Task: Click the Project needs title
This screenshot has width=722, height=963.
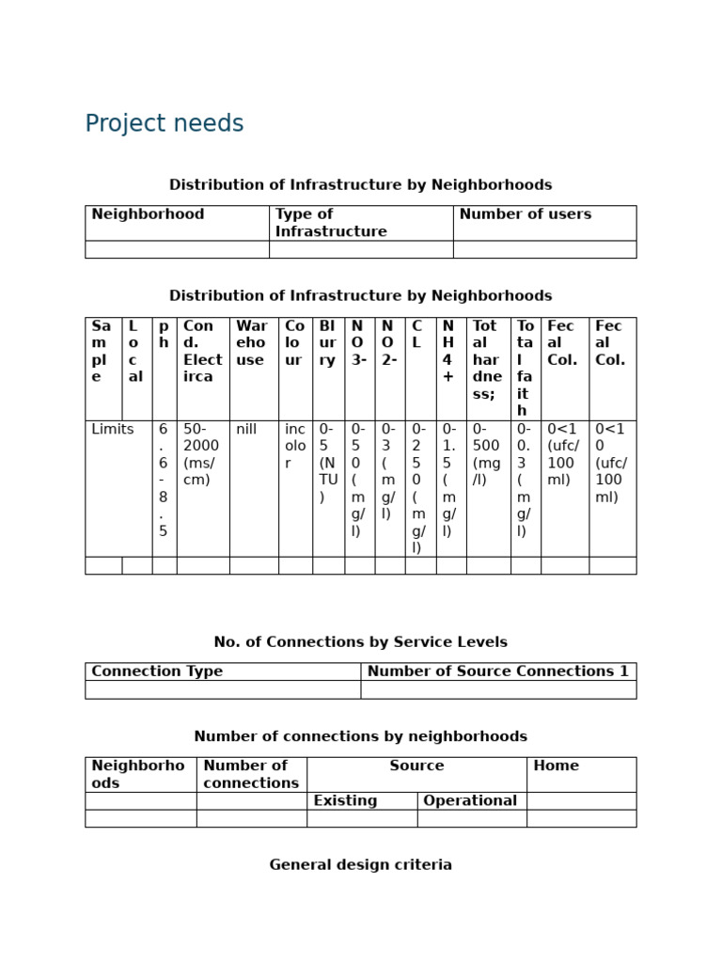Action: click(165, 124)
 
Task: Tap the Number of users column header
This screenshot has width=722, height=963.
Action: click(525, 214)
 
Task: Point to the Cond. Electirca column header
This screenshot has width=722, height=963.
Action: click(202, 351)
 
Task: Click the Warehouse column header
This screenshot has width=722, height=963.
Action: click(252, 342)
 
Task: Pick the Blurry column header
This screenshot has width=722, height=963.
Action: click(327, 342)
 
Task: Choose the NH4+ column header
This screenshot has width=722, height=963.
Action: click(448, 351)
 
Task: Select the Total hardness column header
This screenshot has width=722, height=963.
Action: click(487, 359)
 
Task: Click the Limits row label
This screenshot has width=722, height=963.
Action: click(113, 430)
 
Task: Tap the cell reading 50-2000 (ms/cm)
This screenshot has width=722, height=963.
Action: click(201, 455)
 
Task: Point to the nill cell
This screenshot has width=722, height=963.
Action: click(246, 430)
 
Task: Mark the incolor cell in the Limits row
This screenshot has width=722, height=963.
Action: click(295, 447)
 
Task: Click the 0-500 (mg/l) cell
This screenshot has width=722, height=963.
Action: click(487, 447)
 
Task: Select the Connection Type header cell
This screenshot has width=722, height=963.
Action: click(157, 671)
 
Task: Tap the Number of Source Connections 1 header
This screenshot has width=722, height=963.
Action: click(497, 671)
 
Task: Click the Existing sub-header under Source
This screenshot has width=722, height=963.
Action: click(345, 801)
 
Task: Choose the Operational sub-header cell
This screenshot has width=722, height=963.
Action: click(470, 801)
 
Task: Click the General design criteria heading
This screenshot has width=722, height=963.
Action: click(360, 865)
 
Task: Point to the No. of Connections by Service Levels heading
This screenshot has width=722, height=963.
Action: click(360, 642)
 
